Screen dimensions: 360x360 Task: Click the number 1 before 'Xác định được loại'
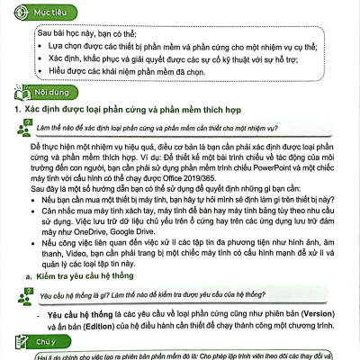[x=8, y=110]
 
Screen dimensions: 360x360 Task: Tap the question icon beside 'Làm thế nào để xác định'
[x=21, y=129]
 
